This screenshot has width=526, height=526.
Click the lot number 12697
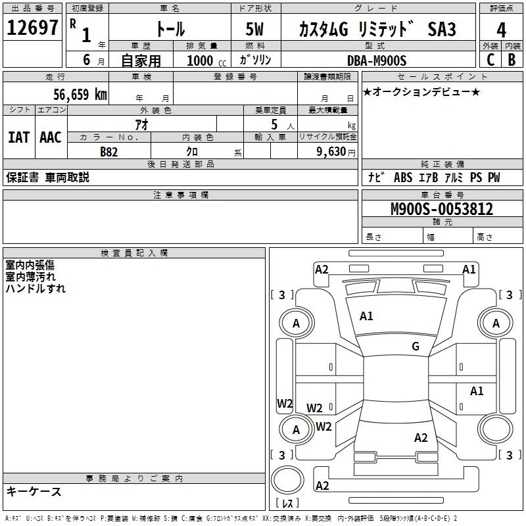[x=33, y=29]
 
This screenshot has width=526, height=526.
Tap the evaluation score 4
[x=501, y=30]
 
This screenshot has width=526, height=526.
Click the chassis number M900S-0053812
[x=442, y=210]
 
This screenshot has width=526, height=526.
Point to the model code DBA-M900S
[x=377, y=60]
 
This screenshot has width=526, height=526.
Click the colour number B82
[x=109, y=152]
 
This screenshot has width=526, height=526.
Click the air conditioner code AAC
[x=50, y=137]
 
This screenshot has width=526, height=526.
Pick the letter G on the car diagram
[x=416, y=347]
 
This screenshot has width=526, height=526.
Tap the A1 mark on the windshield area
[x=366, y=316]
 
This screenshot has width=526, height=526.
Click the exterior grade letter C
[x=490, y=60]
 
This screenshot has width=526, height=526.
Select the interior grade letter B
[x=512, y=60]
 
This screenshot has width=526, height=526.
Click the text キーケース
[x=34, y=491]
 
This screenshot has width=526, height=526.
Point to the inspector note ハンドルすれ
[x=36, y=288]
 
